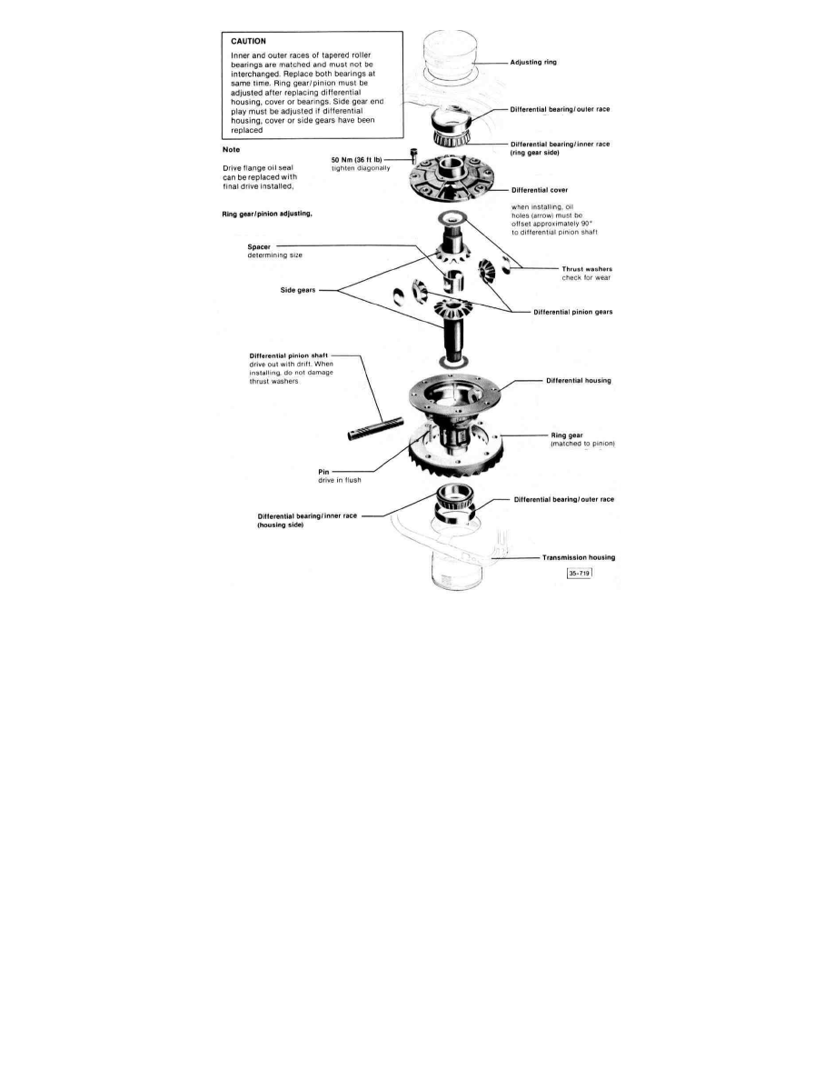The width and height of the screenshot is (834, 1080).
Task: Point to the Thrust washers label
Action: pyautogui.click(x=586, y=269)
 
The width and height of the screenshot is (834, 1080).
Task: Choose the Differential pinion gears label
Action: pyautogui.click(x=572, y=312)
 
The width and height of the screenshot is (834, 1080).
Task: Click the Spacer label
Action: pyautogui.click(x=260, y=246)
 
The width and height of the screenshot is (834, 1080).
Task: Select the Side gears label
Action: pyautogui.click(x=299, y=291)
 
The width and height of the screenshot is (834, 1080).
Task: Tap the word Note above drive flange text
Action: pyautogui.click(x=231, y=150)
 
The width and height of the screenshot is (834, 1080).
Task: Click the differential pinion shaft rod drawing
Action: pyautogui.click(x=374, y=427)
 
